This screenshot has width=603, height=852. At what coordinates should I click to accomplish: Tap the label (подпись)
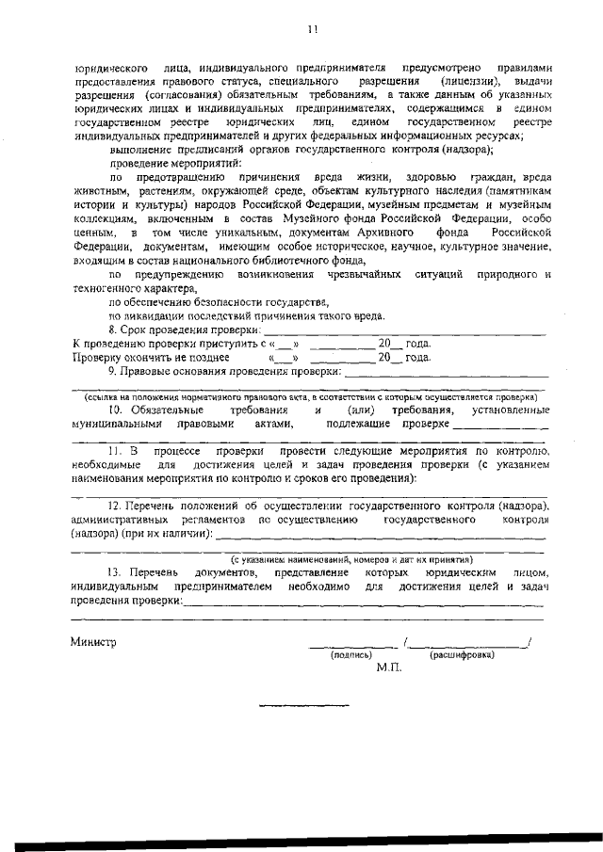pos(350,655)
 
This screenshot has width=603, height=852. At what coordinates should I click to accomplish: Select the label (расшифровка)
pos(463,655)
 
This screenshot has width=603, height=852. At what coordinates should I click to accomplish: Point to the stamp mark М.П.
pos(388,667)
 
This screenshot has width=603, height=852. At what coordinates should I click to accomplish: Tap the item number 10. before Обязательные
pos(117,410)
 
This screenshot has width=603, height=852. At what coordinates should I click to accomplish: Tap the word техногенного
pos(106,288)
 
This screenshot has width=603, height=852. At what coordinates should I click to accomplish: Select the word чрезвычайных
pos(359,274)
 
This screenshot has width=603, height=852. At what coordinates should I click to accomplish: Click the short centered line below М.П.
pos(303,704)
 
